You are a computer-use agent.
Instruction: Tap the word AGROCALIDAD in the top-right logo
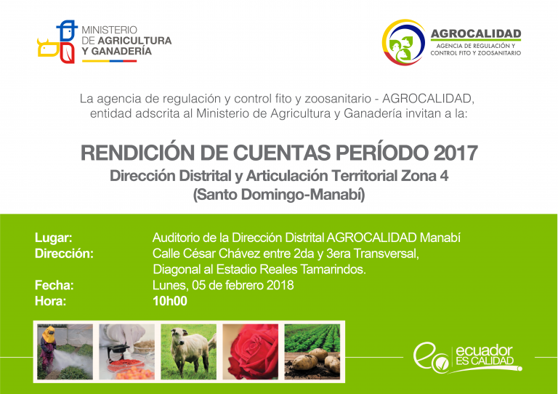(x=476, y=34)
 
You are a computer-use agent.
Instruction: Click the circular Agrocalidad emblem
(x=403, y=42)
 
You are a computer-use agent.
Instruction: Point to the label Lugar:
(x=53, y=238)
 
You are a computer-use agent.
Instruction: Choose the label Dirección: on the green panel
(x=64, y=254)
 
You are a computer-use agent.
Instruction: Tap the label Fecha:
(x=54, y=285)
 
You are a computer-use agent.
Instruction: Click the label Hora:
(x=51, y=301)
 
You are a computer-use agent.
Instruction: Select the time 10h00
(x=170, y=301)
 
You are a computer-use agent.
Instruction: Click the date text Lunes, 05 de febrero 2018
(x=223, y=285)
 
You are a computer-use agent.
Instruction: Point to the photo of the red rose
(x=251, y=352)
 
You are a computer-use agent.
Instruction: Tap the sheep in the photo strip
(x=187, y=350)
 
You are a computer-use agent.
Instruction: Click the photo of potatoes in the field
(x=312, y=352)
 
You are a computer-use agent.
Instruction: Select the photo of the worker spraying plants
(x=65, y=352)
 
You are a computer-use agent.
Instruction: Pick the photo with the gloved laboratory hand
(x=126, y=352)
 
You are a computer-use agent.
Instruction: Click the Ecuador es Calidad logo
(x=467, y=358)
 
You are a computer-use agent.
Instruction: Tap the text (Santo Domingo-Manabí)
(x=279, y=195)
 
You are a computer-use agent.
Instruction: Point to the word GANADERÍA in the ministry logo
(x=121, y=52)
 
